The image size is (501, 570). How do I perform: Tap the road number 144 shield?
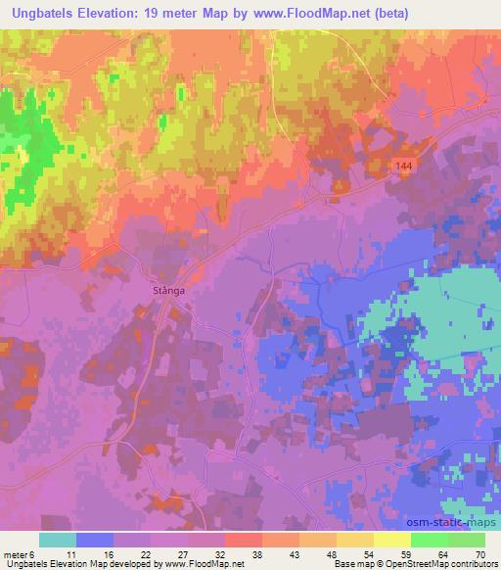click(405, 167)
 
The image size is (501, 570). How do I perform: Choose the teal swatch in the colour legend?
click(58, 540)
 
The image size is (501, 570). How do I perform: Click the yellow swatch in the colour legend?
click(392, 540)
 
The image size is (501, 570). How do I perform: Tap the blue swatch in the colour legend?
click(95, 540)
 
